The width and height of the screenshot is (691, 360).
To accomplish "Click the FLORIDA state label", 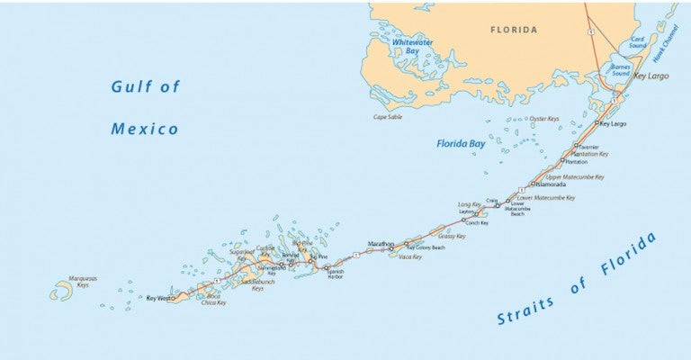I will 514,30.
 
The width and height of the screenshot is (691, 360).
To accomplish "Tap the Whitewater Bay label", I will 408,47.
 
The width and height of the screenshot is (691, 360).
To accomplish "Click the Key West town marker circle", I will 174,298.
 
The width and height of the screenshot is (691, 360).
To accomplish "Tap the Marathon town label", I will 381,244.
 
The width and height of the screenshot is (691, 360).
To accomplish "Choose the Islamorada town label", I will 550,184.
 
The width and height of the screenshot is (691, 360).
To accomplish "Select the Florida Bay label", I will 461,143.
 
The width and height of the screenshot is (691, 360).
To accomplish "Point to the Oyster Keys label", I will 544,119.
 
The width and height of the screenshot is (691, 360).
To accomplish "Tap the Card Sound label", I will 638,42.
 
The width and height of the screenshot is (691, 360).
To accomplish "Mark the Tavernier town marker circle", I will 576,145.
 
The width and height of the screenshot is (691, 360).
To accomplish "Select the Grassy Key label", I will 452,237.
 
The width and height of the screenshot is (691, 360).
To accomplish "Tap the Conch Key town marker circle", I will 464,220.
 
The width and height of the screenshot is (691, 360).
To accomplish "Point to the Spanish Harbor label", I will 335,274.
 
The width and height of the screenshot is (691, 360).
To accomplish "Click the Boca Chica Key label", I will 213,300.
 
